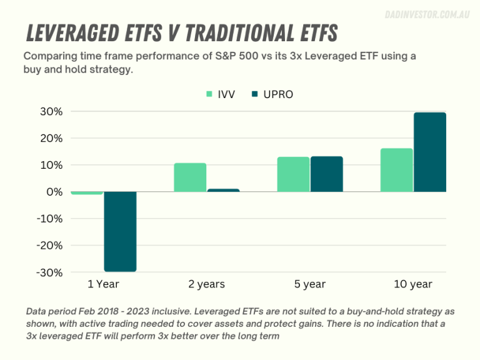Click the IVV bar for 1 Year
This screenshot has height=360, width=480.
87,193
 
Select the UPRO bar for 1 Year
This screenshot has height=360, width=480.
120,231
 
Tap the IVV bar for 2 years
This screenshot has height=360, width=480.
190,177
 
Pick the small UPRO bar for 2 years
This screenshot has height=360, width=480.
223,190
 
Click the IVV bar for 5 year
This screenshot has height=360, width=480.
293,174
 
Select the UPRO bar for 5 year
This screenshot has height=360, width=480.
326,174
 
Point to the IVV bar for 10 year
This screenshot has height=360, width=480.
396,170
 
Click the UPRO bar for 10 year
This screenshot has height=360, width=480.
429,152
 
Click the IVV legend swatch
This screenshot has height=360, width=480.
210,95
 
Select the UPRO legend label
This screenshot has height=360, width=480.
278,95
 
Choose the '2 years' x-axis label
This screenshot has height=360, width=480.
206,284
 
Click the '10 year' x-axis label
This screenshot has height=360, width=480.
412,284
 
